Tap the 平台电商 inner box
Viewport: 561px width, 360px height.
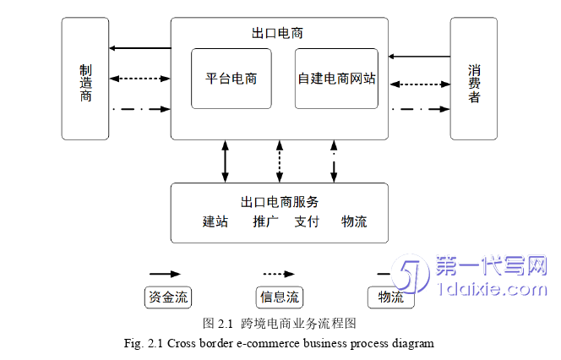[231, 79]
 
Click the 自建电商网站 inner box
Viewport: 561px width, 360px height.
[336, 79]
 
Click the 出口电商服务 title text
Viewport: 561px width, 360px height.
[280, 202]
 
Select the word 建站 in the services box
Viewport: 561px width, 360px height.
[215, 222]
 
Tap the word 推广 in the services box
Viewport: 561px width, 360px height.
[265, 222]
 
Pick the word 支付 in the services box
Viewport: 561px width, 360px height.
[307, 222]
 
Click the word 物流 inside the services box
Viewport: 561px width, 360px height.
[354, 222]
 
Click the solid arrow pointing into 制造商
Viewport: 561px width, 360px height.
[140, 48]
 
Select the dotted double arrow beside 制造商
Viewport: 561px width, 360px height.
[140, 79]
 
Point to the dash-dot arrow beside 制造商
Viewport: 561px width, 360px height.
[140, 109]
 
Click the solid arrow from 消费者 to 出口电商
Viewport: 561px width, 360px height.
[419, 57]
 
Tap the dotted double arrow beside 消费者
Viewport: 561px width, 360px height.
[419, 84]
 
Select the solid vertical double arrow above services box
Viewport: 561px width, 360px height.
[226, 161]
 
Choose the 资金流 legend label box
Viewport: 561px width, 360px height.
[168, 297]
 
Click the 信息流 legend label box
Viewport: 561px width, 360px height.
[279, 297]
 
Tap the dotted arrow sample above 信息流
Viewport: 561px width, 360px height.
[279, 275]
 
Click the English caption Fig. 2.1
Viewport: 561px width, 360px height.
[278, 343]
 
